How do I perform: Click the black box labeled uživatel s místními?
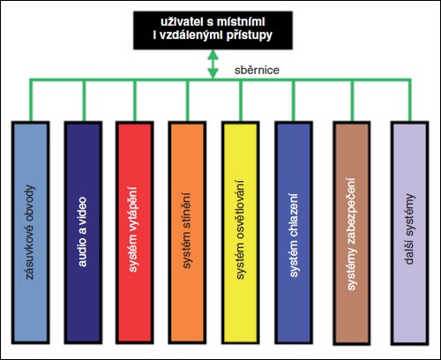pyautogui.click(x=213, y=30)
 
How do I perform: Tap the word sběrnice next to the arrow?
pyautogui.click(x=257, y=70)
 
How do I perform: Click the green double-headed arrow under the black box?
pyautogui.click(x=213, y=64)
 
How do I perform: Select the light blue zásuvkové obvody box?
pyautogui.click(x=31, y=232)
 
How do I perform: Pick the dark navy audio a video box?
pyautogui.click(x=83, y=232)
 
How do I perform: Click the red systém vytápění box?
pyautogui.click(x=135, y=232)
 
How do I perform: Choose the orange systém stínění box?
pyautogui.click(x=187, y=232)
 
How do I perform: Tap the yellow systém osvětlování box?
pyautogui.click(x=241, y=232)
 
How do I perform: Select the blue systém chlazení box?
pyautogui.click(x=294, y=232)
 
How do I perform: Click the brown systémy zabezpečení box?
pyautogui.click(x=352, y=233)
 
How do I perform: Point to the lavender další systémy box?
pyautogui.click(x=410, y=233)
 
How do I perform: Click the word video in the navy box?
pyautogui.click(x=83, y=211)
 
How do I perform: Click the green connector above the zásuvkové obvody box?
pyautogui.click(x=31, y=100)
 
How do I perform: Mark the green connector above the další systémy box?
pyautogui.click(x=410, y=100)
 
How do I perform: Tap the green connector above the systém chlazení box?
pyautogui.click(x=294, y=100)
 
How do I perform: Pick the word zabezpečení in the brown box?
pyautogui.click(x=351, y=211)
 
